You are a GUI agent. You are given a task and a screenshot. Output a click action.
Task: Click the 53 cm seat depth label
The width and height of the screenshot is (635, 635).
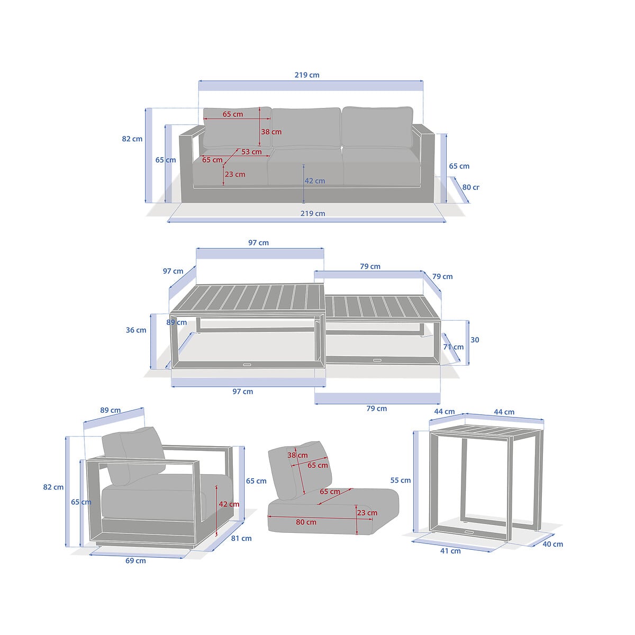251,152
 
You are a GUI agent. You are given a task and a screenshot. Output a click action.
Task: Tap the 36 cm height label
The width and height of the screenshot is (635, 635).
136,330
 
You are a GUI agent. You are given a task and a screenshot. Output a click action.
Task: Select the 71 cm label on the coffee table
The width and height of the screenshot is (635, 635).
453,347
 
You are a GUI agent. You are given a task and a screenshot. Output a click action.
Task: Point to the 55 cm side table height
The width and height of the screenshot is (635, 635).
401,480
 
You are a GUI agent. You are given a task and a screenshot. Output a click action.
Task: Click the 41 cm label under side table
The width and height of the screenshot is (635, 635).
450,551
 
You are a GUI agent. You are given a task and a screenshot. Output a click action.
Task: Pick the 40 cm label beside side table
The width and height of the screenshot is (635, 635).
552,545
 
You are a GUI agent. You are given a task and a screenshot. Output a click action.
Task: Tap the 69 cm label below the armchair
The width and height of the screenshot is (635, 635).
135,560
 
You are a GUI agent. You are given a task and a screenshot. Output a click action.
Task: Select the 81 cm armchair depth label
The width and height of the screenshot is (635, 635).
241,539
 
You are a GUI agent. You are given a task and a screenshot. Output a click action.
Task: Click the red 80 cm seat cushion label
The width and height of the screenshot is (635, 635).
306,522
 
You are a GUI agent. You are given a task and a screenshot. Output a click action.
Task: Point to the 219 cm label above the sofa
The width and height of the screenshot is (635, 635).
307,75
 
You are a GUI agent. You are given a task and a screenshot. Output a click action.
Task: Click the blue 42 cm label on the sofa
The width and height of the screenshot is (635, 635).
315,181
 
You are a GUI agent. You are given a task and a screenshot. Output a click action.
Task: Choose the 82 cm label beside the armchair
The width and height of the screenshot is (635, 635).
53,487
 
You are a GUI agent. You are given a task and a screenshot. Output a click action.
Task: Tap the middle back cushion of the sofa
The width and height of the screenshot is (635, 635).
306,128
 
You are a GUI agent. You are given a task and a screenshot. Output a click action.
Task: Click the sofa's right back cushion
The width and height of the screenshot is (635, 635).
377,127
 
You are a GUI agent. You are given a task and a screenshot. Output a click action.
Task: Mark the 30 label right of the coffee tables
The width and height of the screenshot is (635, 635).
475,340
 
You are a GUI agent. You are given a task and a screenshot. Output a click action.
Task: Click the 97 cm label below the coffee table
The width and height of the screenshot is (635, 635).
243,392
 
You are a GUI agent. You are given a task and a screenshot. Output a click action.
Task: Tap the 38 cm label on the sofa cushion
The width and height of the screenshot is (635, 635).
271,132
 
